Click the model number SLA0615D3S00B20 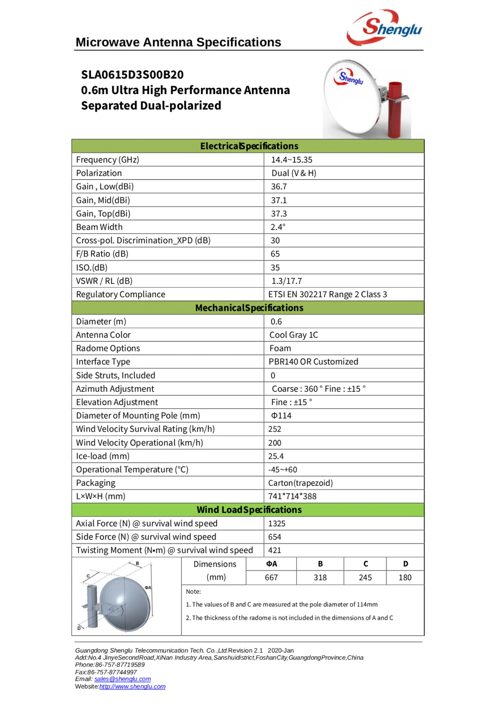pyautogui.click(x=132, y=75)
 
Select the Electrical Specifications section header pyautogui.click(x=249, y=146)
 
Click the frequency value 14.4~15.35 pyautogui.click(x=291, y=160)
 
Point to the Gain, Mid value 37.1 pyautogui.click(x=279, y=200)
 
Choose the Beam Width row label pyautogui.click(x=99, y=227)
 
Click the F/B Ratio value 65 pyautogui.click(x=275, y=254)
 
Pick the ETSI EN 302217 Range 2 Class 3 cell pyautogui.click(x=327, y=294)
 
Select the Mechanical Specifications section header pyautogui.click(x=249, y=308)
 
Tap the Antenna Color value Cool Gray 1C pyautogui.click(x=293, y=335)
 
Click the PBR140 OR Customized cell pyautogui.click(x=313, y=362)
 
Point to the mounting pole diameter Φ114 pyautogui.click(x=281, y=416)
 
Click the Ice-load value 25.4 pyautogui.click(x=276, y=456)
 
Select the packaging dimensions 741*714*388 pyautogui.click(x=292, y=496)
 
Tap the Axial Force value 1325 pyautogui.click(x=277, y=524)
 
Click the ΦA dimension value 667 pyautogui.click(x=271, y=577)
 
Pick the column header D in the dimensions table pyautogui.click(x=405, y=564)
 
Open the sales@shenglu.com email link pyautogui.click(x=123, y=679)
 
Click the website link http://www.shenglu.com pyautogui.click(x=132, y=686)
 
